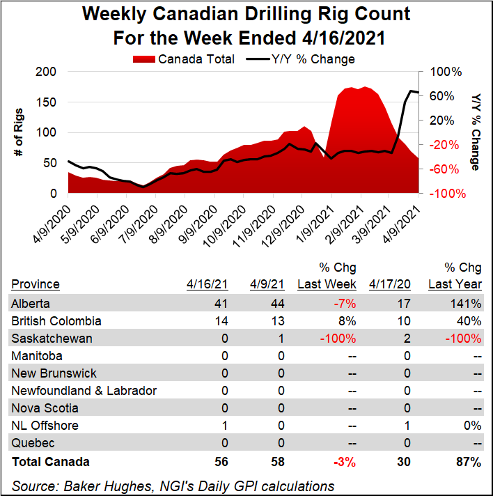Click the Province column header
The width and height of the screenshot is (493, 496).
click(36, 284)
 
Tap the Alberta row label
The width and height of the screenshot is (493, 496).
click(31, 303)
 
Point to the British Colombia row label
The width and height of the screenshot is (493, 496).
click(56, 321)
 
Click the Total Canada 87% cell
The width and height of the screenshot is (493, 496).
click(469, 461)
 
